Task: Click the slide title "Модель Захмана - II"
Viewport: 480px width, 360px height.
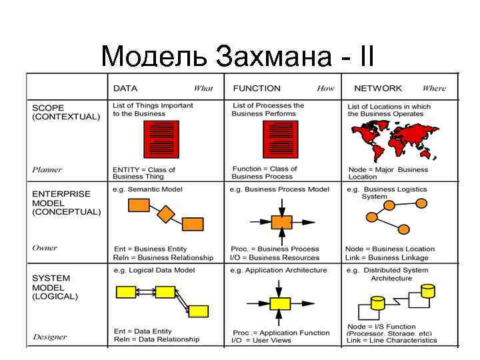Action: [237, 57]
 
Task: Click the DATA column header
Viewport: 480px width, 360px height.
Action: [125, 88]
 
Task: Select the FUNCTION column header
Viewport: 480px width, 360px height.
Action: [257, 88]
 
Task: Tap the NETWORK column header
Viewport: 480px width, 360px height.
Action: [378, 88]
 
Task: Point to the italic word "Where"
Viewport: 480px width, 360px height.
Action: [434, 88]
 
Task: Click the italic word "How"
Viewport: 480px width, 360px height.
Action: [325, 88]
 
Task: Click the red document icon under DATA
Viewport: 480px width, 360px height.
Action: [162, 139]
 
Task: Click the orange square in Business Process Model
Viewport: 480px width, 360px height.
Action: [283, 221]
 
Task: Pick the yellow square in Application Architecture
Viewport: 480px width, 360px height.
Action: [281, 303]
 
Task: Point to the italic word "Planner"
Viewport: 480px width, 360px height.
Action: [47, 169]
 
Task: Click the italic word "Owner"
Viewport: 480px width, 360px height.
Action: [45, 248]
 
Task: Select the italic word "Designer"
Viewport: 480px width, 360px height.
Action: [49, 335]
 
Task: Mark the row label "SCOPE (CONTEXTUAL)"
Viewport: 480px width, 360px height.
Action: [66, 111]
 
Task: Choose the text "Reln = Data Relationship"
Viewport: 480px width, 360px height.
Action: [157, 339]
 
